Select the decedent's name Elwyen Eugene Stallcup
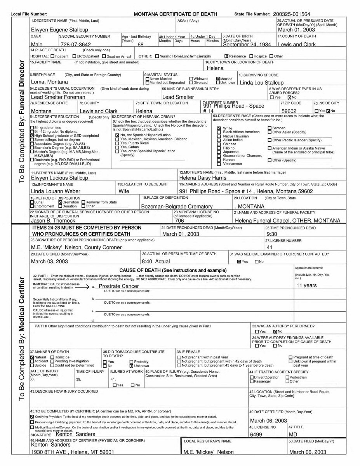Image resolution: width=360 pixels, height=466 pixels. pos(59,30)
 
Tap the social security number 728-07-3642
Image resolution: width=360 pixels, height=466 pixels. pos(75,45)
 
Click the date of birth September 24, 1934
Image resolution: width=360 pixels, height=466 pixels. pos(247,44)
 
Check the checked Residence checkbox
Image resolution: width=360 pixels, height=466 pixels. pos(226,56)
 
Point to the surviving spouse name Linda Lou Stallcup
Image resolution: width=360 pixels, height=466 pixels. pos(262,82)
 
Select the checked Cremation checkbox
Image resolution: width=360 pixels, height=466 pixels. pos(60,202)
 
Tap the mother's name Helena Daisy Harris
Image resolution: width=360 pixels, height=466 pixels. pos(203,178)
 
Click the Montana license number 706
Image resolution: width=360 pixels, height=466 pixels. pos(179,221)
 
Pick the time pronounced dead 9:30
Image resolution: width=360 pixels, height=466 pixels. pos(272,235)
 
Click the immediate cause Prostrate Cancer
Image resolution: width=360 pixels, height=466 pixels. pos(119,286)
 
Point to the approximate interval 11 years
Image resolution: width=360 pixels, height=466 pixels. pos(306,285)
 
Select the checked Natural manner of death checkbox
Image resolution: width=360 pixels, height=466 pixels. pos(32,357)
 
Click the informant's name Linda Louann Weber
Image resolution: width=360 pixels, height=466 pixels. pos(56,191)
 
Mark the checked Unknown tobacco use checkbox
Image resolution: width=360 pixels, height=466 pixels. pos(132,366)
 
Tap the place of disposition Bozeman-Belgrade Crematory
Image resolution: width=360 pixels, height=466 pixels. pos(177,207)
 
